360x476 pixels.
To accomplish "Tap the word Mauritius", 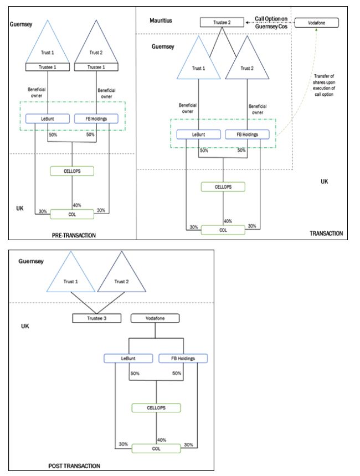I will pyautogui.click(x=161, y=20).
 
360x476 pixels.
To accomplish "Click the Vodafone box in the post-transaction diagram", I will pyautogui.click(x=156, y=319).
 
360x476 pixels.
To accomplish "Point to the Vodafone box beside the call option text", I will pyautogui.click(x=316, y=23).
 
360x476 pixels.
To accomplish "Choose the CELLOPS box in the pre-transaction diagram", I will pyautogui.click(x=71, y=170).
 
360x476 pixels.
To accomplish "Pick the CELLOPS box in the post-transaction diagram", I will pyautogui.click(x=156, y=407).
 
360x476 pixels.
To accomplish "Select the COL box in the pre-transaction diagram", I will pyautogui.click(x=71, y=213).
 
